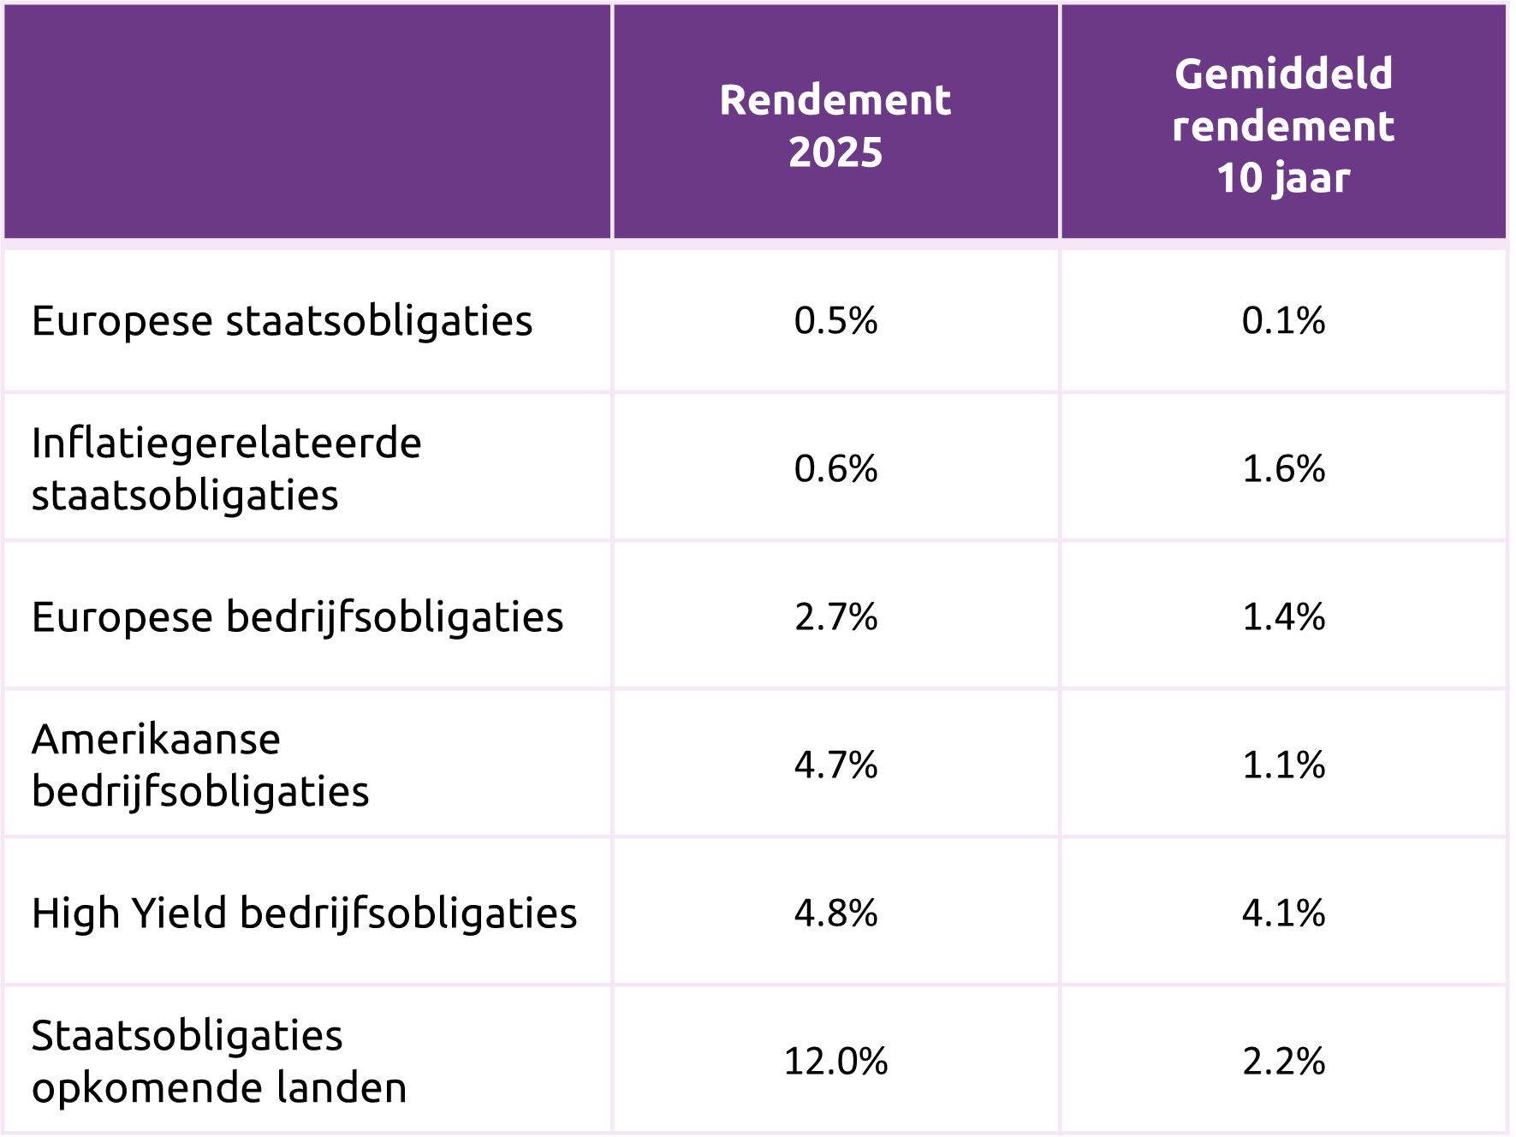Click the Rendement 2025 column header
pos(835,126)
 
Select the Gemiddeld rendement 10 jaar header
pos(1283,126)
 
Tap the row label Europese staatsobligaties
pos(282,321)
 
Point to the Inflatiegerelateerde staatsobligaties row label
pos(227,468)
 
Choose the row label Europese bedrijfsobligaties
pos(297,617)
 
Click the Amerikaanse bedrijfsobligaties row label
pos(200,765)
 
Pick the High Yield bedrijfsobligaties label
pos(304,913)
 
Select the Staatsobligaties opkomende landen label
pos(219,1061)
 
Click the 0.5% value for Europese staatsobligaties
pos(835,321)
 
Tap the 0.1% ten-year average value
pos(1283,321)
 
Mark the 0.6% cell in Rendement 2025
pos(835,469)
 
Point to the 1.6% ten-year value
pos(1283,469)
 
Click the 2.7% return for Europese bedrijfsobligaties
pos(835,617)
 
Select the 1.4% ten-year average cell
pos(1283,617)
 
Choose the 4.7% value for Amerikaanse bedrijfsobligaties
pos(835,765)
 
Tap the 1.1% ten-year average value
pos(1283,765)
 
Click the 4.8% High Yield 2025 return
pos(835,914)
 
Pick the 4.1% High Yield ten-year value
pos(1283,914)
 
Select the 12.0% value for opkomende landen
pos(835,1062)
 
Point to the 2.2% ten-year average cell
pos(1283,1062)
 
